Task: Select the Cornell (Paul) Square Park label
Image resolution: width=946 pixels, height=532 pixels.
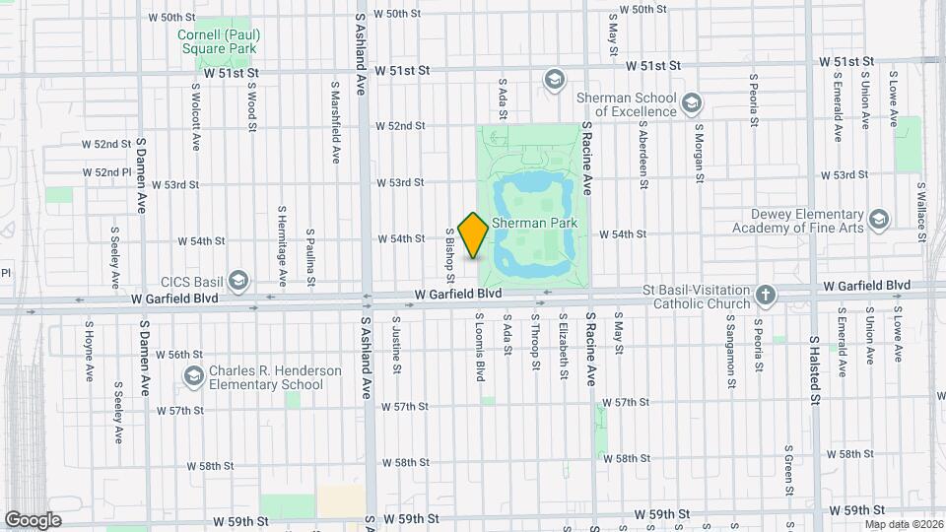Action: click(x=217, y=40)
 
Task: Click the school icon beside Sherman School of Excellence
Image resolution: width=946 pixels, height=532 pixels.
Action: click(x=692, y=102)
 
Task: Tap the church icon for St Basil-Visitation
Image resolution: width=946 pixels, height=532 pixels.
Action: click(x=766, y=295)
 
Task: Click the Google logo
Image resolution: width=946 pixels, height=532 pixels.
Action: click(x=33, y=519)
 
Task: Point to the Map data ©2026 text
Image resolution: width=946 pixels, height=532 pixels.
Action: click(x=904, y=523)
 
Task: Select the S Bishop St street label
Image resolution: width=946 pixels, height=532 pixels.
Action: click(x=448, y=250)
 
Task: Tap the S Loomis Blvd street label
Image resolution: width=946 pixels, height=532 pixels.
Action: click(x=480, y=346)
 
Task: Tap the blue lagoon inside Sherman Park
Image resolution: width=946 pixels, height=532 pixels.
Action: click(x=532, y=187)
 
